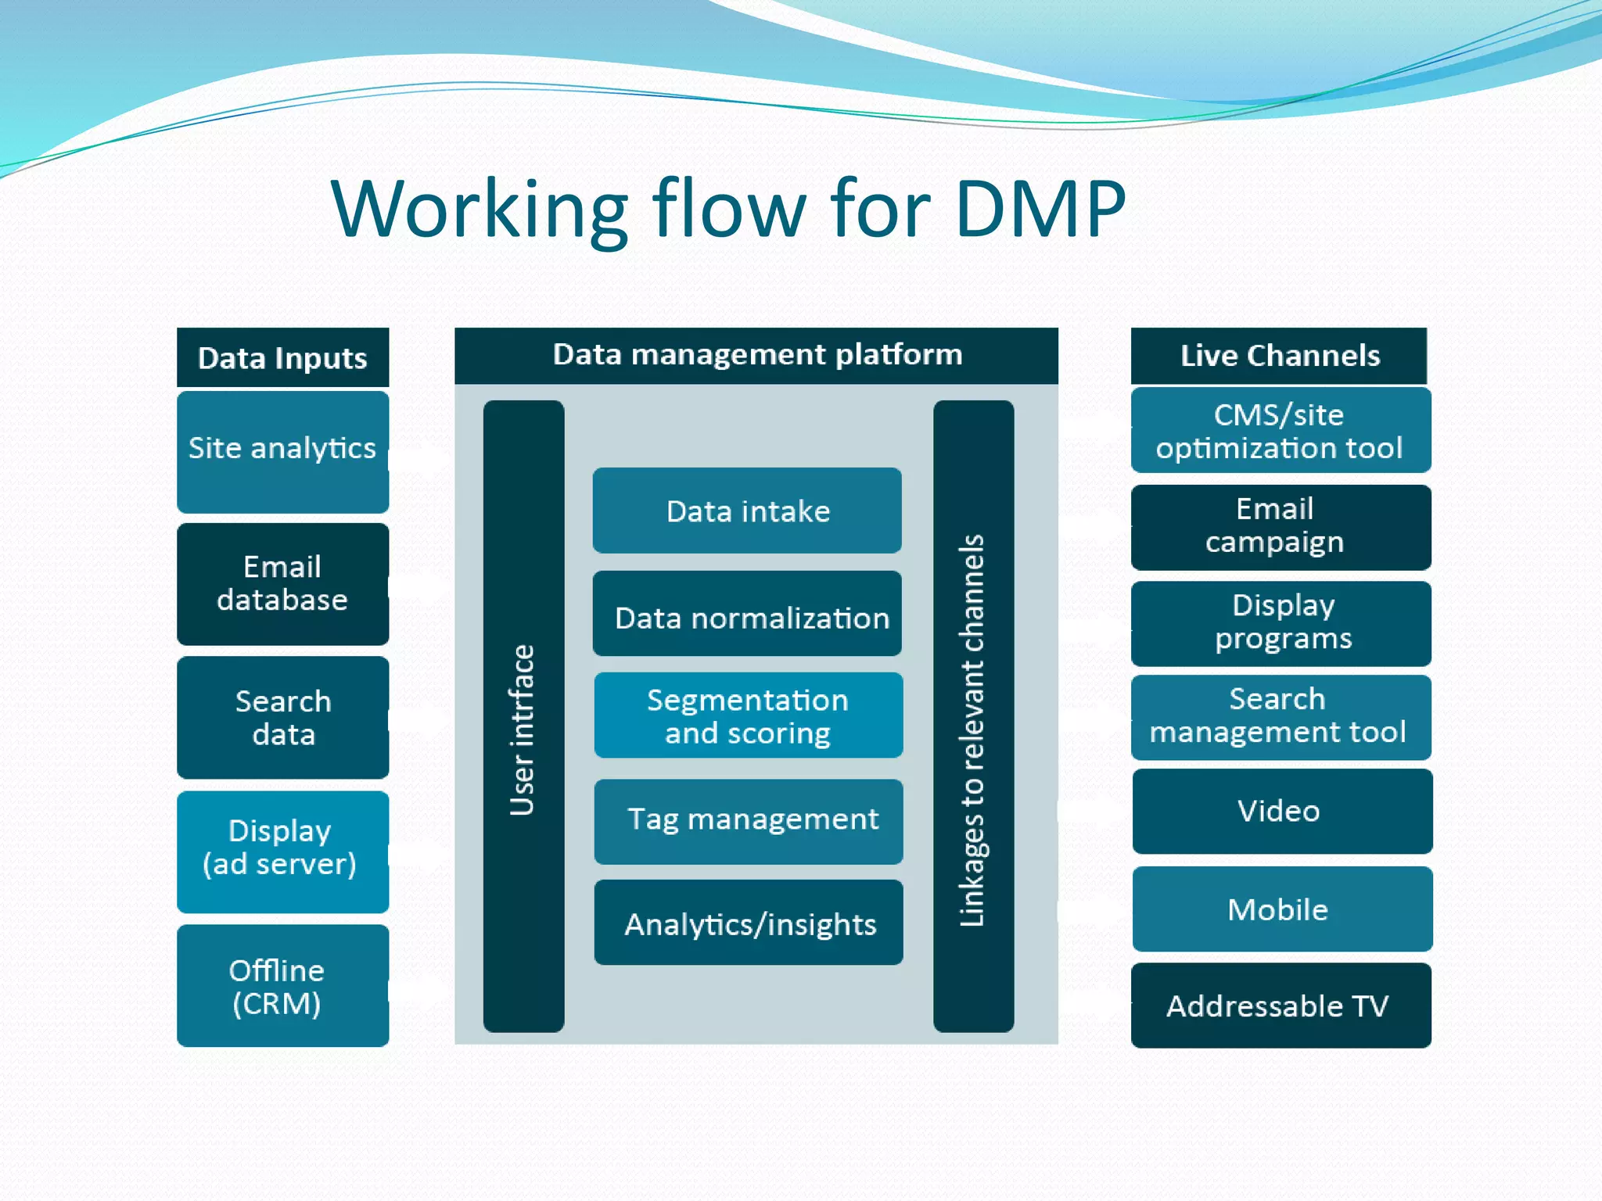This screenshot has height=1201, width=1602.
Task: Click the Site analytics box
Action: [282, 451]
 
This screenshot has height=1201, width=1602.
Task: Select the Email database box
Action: [282, 583]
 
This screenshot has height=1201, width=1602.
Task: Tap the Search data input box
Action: [282, 717]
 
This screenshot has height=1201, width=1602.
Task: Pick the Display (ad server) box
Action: [282, 851]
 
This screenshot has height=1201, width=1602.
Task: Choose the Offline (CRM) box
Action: [282, 985]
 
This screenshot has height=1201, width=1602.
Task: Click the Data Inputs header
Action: [282, 357]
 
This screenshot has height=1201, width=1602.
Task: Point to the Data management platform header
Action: [756, 355]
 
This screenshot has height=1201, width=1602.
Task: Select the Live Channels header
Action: [1279, 356]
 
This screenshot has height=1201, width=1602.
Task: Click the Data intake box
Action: [747, 511]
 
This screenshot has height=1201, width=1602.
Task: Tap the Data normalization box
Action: [747, 615]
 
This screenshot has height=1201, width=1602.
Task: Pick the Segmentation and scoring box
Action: [748, 715]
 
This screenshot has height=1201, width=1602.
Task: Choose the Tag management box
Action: [748, 820]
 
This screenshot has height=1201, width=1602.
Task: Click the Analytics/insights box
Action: [748, 923]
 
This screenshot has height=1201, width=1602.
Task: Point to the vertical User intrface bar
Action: [523, 715]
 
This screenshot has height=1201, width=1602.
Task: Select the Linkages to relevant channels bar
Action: [973, 715]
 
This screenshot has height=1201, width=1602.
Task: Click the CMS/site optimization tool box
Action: [1281, 431]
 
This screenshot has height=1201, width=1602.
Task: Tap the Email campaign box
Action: [1281, 526]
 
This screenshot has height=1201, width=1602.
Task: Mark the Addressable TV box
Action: [1281, 1006]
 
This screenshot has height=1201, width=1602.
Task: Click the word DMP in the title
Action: [1040, 209]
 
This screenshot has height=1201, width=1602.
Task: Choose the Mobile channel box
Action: [1281, 909]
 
